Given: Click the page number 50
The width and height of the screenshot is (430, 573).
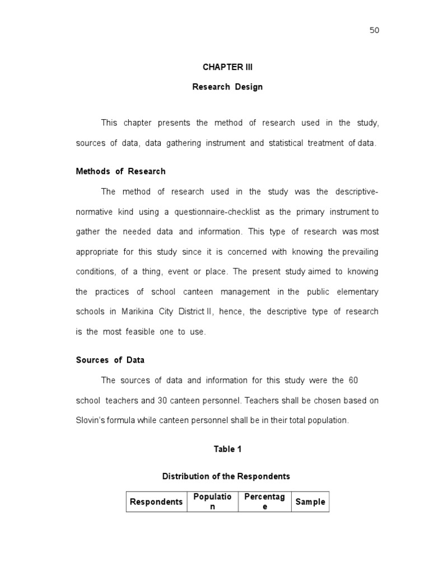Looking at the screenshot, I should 374,30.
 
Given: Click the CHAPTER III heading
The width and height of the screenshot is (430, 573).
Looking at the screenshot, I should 227,67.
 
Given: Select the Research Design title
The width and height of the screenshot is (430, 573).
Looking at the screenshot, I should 227,87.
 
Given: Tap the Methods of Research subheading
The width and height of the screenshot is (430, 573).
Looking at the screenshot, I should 120,171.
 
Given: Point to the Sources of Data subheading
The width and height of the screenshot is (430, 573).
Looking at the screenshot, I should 110,360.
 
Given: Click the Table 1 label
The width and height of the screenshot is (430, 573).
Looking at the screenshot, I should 227,449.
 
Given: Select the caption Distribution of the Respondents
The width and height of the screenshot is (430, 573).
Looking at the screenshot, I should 226,476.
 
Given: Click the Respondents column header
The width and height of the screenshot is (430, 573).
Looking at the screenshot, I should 156,502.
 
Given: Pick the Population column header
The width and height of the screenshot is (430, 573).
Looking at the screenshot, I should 212,501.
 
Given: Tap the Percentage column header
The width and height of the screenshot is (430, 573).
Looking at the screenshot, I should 265,501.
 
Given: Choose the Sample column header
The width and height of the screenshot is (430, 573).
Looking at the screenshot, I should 310,502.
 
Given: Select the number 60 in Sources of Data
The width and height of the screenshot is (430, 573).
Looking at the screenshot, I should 353,380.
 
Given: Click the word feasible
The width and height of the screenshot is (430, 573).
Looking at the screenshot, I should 143,331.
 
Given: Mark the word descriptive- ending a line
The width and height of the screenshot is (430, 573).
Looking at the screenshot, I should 357,191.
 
